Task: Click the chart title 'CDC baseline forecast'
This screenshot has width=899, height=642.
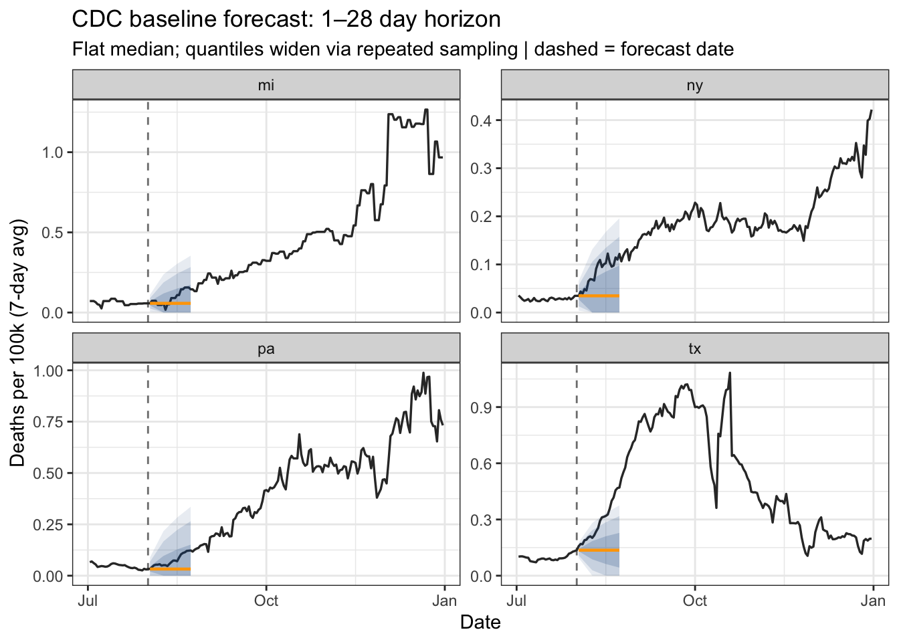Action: tap(286, 19)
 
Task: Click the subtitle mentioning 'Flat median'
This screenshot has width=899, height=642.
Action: tap(402, 49)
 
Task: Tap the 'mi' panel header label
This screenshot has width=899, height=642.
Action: tap(266, 85)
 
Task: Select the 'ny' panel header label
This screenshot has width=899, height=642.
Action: tap(695, 85)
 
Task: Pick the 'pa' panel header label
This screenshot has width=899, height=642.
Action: tap(266, 348)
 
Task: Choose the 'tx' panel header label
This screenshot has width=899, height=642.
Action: tap(695, 348)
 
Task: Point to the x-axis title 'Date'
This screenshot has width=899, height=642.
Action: tap(480, 623)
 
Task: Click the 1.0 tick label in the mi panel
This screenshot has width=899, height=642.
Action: tap(52, 152)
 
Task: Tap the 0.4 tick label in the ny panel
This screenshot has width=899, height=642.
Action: tap(480, 120)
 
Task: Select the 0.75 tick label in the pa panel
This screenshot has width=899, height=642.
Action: tap(48, 422)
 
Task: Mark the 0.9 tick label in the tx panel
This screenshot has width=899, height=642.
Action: tap(480, 407)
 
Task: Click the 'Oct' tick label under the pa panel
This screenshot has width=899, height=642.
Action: tap(266, 601)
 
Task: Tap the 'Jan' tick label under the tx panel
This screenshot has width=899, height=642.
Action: tap(873, 601)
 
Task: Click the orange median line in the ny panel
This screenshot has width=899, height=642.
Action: tap(599, 296)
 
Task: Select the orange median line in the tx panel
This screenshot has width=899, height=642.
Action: tap(599, 550)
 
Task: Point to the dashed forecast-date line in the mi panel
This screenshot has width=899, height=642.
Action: tap(148, 201)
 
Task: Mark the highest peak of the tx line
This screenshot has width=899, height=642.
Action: tap(730, 373)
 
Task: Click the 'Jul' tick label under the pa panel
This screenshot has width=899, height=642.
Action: tap(88, 601)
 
